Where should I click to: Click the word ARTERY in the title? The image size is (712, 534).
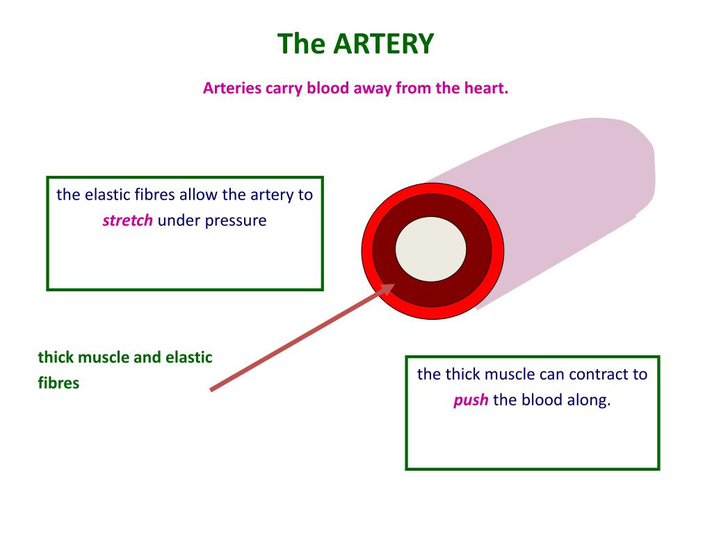[x=383, y=44]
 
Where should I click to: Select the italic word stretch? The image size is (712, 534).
[x=127, y=222]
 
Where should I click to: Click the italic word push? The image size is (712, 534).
[x=471, y=401]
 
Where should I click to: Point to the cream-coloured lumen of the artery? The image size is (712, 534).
[x=431, y=250]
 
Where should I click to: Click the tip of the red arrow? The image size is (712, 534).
[x=394, y=284]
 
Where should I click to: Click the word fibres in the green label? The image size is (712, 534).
[x=58, y=383]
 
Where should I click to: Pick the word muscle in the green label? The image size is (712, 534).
[x=104, y=358]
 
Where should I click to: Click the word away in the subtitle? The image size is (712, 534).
[x=373, y=89]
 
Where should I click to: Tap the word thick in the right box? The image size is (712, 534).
[x=462, y=375]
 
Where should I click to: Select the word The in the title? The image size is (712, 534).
[x=302, y=44]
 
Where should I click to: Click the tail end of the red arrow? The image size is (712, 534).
[x=211, y=389]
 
